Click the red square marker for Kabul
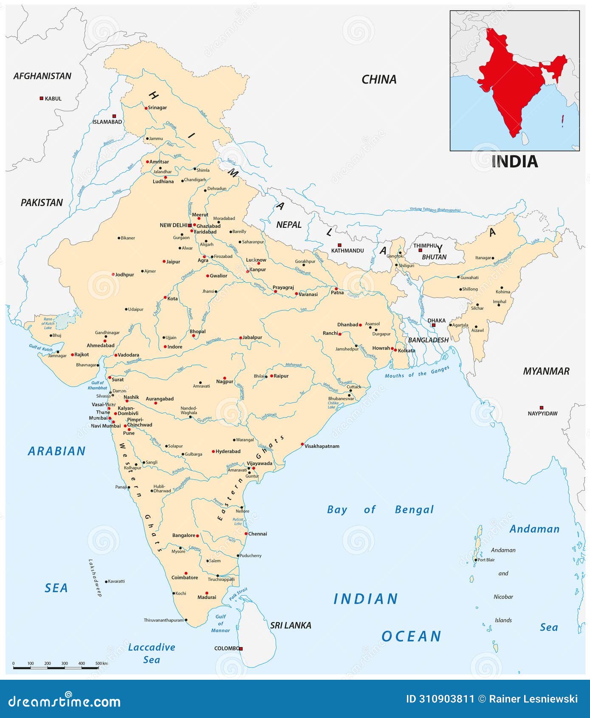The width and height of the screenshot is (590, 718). [41, 98]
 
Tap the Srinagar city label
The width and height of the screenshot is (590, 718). [157, 107]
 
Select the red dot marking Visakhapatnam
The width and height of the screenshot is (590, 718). [302, 444]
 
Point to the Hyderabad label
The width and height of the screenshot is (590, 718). [228, 451]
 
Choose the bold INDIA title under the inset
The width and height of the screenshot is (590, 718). [514, 161]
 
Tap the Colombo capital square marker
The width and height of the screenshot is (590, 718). [241, 649]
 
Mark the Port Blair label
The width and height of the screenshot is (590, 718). [486, 560]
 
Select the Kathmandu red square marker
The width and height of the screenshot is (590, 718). [339, 245]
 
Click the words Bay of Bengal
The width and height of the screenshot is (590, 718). [380, 509]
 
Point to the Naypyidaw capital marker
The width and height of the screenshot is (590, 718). [542, 407]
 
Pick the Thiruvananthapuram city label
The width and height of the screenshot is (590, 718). [164, 620]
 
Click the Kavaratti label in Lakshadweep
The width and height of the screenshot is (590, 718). [116, 581]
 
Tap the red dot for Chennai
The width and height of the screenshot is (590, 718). [246, 534]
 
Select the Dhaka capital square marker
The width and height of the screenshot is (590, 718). [433, 325]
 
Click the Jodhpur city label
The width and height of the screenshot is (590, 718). [124, 274]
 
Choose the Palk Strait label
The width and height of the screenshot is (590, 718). [238, 594]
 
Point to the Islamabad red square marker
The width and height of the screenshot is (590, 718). [114, 116]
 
